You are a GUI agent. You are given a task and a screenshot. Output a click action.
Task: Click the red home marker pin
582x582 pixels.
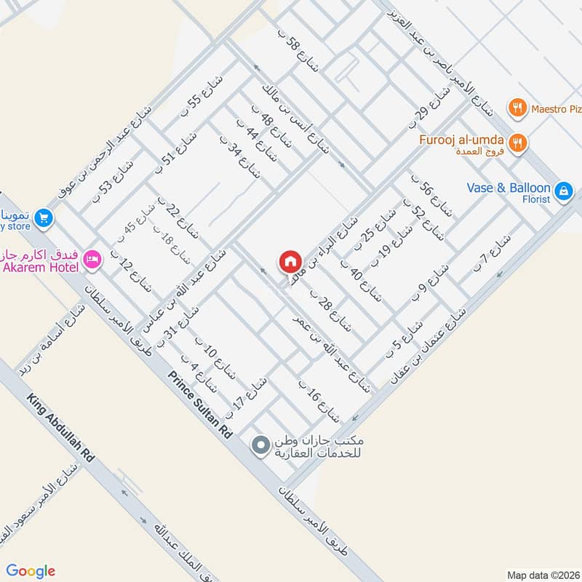click(x=290, y=261)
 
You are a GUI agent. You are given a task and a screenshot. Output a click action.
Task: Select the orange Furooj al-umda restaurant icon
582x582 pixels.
click(x=518, y=143)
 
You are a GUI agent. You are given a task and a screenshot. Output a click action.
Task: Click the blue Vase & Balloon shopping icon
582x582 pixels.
click(x=562, y=191)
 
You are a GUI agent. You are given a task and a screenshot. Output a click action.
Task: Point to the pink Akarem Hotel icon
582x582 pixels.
click(x=92, y=259)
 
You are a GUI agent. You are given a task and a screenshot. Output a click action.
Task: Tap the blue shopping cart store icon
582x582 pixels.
click(x=43, y=217)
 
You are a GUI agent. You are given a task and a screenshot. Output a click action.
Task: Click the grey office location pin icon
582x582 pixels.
click(x=259, y=445)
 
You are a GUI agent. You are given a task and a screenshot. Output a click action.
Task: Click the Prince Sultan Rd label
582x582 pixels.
click(x=200, y=404)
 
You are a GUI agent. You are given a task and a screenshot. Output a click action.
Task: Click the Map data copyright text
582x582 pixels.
click(x=543, y=575)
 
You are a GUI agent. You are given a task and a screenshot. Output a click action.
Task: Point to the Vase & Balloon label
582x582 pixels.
click(x=509, y=188)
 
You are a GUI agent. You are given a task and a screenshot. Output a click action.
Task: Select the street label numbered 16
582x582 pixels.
click(x=319, y=399)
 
